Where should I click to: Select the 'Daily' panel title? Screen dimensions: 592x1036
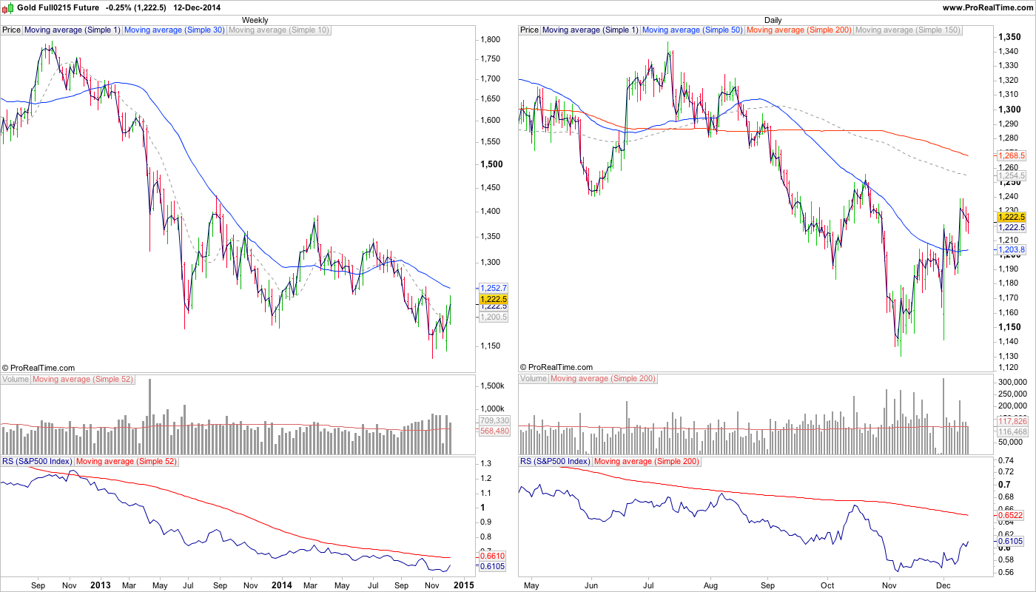pos(773,20)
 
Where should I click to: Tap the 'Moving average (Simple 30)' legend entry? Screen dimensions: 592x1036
pos(175,30)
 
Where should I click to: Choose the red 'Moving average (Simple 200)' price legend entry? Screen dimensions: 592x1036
pos(799,30)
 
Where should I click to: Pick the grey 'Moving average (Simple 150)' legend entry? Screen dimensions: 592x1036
pos(908,30)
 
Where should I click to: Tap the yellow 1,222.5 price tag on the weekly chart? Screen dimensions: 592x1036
pos(493,300)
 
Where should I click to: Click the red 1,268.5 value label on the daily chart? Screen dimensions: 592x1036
pos(1011,156)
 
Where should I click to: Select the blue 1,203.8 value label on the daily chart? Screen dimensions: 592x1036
pos(1011,250)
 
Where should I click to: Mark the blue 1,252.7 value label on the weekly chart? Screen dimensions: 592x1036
pos(493,287)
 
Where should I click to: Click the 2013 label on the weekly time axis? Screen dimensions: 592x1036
pos(100,585)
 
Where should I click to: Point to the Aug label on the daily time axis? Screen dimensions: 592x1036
pos(710,585)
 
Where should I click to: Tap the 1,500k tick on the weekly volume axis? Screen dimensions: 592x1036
pos(492,386)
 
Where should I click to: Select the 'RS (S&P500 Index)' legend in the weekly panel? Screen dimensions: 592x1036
pos(37,461)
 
